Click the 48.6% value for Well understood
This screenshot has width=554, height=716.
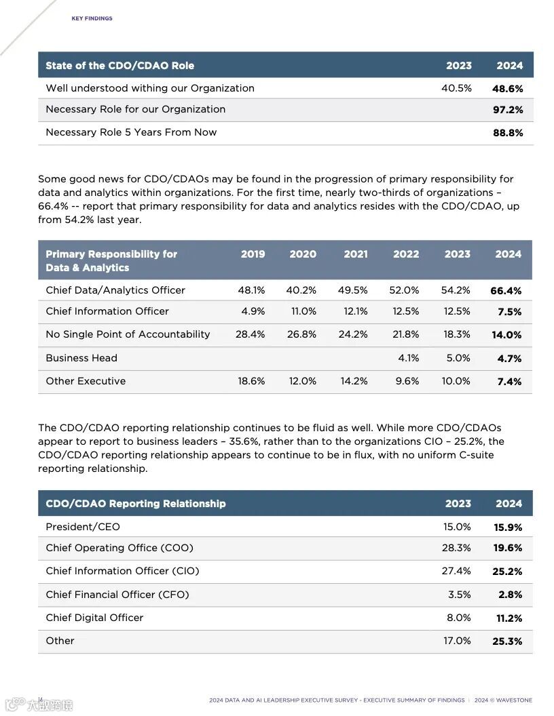pos(508,89)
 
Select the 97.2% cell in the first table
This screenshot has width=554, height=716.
pos(508,110)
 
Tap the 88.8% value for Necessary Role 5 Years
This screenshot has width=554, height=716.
pos(508,133)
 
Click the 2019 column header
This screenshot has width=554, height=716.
pos(253,254)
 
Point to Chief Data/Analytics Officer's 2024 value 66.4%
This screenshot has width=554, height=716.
pos(506,291)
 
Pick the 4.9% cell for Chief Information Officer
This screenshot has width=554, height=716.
pos(253,311)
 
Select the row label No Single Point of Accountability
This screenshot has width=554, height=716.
pos(128,334)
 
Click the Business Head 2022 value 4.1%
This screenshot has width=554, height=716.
pos(408,358)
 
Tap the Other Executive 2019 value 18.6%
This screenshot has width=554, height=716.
pos(251,381)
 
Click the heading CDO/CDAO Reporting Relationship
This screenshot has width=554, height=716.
pos(136,504)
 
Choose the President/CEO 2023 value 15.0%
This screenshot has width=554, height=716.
pos(457,527)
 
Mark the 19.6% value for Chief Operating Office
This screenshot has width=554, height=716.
pos(507,549)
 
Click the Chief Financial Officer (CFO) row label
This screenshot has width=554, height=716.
pos(117,595)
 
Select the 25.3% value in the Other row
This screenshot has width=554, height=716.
pos(507,641)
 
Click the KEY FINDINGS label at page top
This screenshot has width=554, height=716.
pos(92,18)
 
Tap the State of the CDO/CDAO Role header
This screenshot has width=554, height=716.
pos(119,66)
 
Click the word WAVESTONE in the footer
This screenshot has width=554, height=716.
pos(513,700)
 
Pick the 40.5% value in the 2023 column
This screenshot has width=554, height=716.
pos(456,88)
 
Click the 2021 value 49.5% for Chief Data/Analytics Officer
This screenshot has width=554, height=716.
pos(353,290)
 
